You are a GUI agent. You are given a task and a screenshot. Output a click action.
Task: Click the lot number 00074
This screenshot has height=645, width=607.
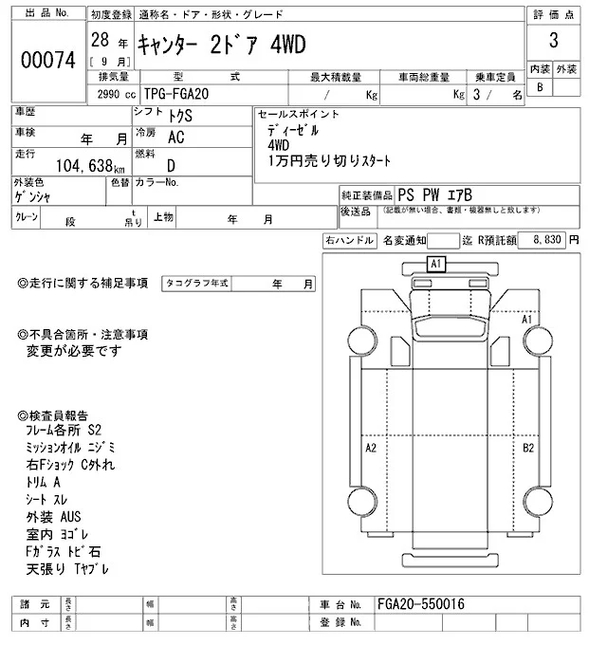[47, 59]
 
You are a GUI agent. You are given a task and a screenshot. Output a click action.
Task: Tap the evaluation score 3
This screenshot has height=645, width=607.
[553, 43]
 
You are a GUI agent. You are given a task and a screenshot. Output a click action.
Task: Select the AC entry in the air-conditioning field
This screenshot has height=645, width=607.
[175, 137]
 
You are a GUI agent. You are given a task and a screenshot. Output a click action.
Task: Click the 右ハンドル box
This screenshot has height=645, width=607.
[348, 242]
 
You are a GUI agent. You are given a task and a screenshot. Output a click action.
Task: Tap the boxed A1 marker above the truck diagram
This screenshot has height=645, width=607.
[436, 263]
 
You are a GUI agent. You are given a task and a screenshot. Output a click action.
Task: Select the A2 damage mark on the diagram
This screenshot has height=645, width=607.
[372, 447]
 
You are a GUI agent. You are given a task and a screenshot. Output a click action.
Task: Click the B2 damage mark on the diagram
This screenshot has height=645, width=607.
[528, 447]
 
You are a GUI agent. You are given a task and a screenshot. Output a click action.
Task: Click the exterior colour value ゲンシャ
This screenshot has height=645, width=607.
[32, 196]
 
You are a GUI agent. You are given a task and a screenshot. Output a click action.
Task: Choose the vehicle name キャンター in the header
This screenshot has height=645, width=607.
[170, 45]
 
